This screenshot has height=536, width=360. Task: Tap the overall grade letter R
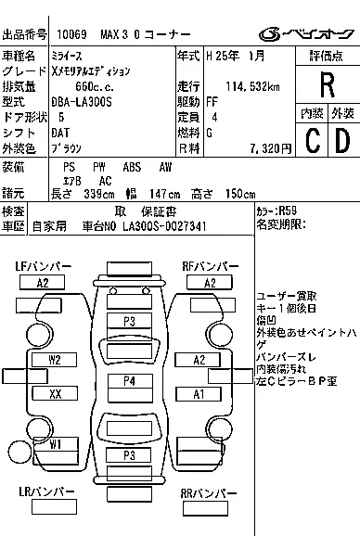[326, 86]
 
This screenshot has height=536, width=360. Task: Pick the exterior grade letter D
[341, 140]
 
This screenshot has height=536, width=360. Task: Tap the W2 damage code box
[55, 359]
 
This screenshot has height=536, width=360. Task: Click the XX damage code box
[55, 394]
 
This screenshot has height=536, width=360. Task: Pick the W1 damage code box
[55, 443]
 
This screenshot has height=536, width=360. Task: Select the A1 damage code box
[198, 394]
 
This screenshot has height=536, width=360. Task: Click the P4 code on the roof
[129, 380]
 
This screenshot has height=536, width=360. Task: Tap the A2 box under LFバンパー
[43, 283]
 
